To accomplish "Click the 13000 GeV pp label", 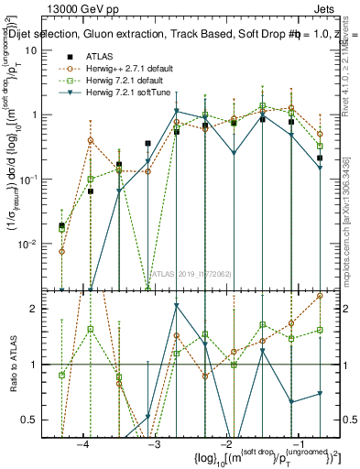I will click(81, 8).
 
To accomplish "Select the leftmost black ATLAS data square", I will click(61, 225).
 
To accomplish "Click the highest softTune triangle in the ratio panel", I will click(177, 306).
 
